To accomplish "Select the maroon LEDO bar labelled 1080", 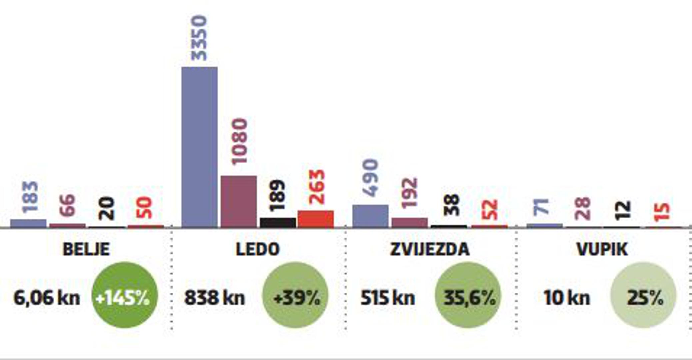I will pos(239,201).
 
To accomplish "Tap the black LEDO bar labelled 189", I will pos(278,222).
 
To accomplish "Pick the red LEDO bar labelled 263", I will pos(316,219).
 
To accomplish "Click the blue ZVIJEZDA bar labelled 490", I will pos(370,216).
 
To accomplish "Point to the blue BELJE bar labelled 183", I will pos(28,223).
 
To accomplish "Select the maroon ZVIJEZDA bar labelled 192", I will pos(409,222).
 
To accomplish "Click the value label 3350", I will pos(199,38).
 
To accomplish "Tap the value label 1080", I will pos(239,141).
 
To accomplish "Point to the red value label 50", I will pos(144,208).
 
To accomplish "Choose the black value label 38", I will pos(452,205).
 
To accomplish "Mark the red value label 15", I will pos(662,212).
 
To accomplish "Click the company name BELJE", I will pos(86,249).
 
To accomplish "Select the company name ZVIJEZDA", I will pos(430,249).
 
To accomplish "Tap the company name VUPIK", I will pos(602,249).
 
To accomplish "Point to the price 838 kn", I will pos(215,298).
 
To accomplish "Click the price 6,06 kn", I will pos(47,298).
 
